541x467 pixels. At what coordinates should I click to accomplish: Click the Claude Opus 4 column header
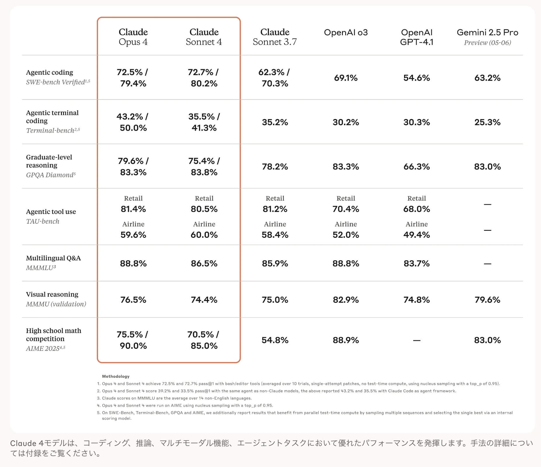click(x=133, y=37)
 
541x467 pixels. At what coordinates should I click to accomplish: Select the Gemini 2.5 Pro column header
click(x=487, y=37)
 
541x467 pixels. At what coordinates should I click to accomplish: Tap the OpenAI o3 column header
click(x=346, y=32)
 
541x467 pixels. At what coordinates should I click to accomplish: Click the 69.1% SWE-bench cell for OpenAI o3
click(x=346, y=78)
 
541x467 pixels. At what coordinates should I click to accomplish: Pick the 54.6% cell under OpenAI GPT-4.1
click(x=416, y=78)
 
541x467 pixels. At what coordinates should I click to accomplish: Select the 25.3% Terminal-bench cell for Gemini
click(x=487, y=122)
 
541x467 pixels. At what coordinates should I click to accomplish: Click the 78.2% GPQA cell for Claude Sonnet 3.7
click(x=275, y=166)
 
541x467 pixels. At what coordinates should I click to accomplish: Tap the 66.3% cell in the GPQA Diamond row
click(x=416, y=166)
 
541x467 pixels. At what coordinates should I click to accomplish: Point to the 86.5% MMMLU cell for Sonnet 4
click(x=204, y=264)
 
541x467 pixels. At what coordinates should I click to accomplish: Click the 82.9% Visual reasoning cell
click(x=346, y=300)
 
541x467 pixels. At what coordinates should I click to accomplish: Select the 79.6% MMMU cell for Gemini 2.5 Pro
click(x=487, y=300)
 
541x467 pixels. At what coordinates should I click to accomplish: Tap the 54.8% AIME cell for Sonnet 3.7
click(x=275, y=340)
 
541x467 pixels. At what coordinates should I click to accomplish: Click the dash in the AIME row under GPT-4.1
click(x=417, y=340)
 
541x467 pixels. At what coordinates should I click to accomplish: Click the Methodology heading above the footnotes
click(x=116, y=376)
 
